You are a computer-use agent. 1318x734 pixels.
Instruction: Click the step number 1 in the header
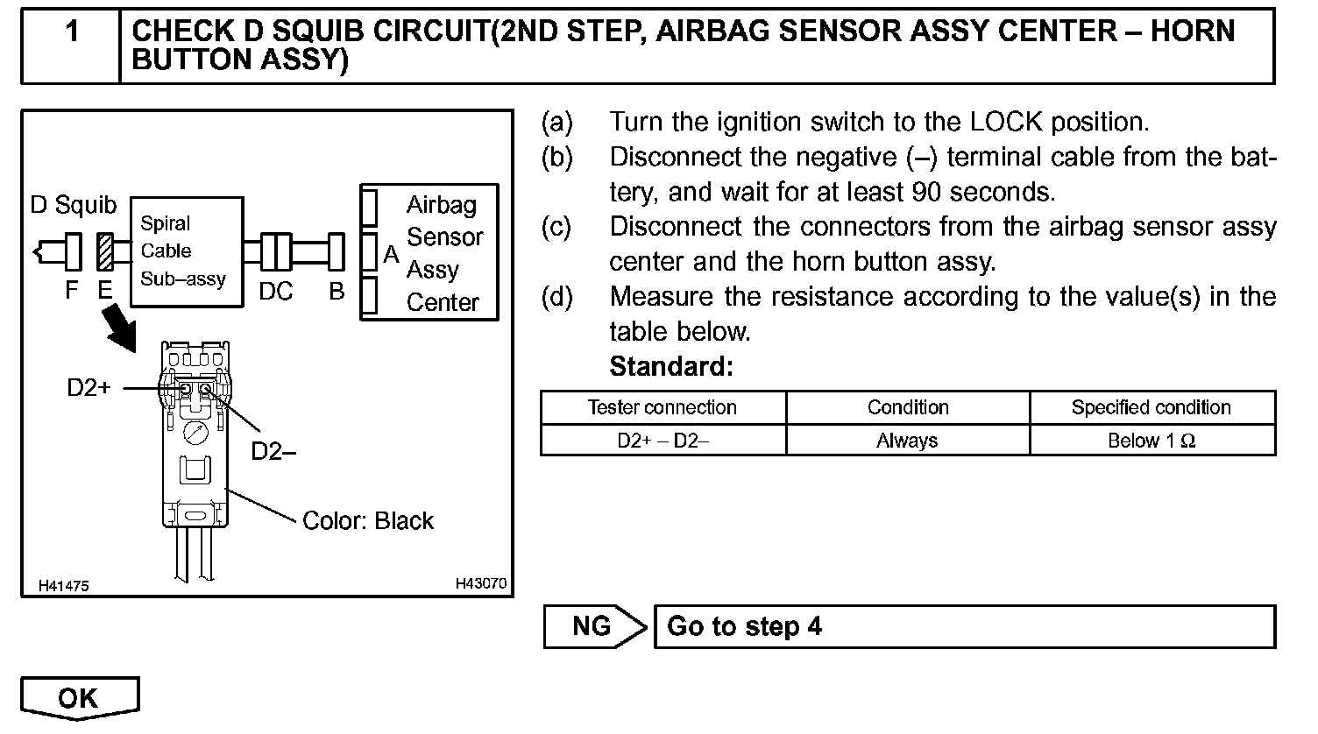click(x=72, y=32)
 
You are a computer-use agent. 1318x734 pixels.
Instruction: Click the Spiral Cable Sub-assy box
click(x=186, y=251)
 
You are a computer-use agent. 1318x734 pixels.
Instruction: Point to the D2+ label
click(x=89, y=387)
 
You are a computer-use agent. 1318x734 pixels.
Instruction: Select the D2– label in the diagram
click(x=273, y=451)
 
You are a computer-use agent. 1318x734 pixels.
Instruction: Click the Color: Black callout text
click(x=367, y=521)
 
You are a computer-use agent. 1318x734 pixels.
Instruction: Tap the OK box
click(x=79, y=697)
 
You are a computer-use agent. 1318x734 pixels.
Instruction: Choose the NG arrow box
click(x=594, y=626)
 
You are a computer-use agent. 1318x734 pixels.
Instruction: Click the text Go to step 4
click(x=745, y=627)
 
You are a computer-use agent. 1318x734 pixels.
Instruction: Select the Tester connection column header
click(x=663, y=407)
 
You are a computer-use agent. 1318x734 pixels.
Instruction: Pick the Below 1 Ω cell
click(x=1151, y=441)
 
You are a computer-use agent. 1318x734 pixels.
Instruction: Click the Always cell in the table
click(x=907, y=441)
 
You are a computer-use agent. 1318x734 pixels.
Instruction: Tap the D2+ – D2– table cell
click(x=663, y=441)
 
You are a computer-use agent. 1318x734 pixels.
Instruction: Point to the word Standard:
click(x=670, y=366)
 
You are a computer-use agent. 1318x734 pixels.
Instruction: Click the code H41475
click(x=63, y=586)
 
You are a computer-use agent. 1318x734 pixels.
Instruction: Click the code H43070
click(x=480, y=583)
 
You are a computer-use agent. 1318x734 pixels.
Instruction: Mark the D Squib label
click(x=74, y=205)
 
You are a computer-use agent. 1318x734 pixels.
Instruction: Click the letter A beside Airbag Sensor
click(x=392, y=255)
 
